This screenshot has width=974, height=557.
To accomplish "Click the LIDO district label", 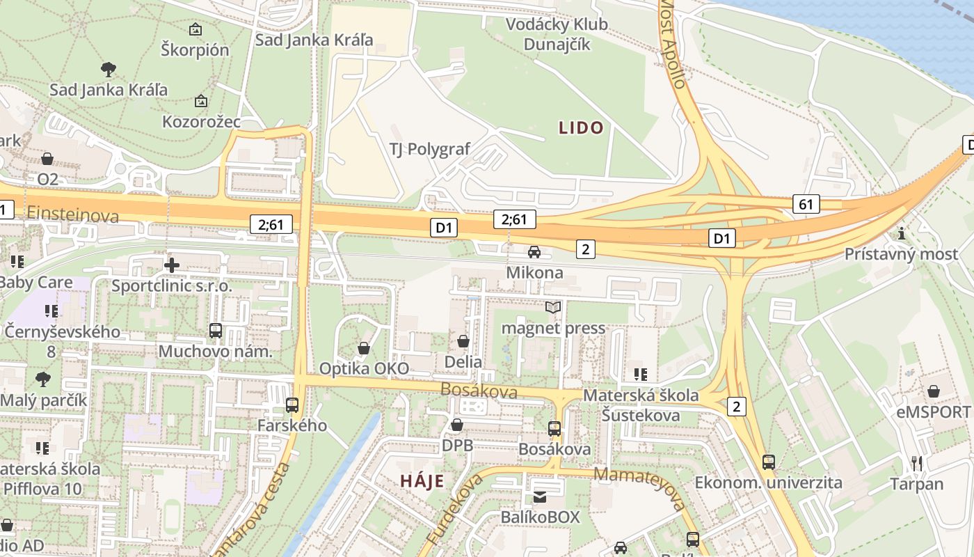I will pyautogui.click(x=581, y=127).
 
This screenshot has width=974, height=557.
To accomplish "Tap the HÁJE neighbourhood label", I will pyautogui.click(x=422, y=480).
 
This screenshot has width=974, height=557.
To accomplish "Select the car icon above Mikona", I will pyautogui.click(x=534, y=252).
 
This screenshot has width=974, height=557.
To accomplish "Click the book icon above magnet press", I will pyautogui.click(x=553, y=307).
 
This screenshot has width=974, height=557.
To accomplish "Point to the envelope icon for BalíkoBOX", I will pyautogui.click(x=540, y=497).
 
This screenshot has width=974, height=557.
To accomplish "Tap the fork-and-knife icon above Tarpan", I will pyautogui.click(x=917, y=463).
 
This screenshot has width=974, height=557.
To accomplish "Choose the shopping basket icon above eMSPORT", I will pyautogui.click(x=934, y=391).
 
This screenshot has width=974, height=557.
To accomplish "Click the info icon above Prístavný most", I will pyautogui.click(x=902, y=233).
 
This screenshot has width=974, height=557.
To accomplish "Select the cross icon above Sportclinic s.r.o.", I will pyautogui.click(x=171, y=265).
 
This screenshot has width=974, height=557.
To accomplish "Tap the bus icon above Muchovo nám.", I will pyautogui.click(x=216, y=331).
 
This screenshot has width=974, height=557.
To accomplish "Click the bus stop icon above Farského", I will pyautogui.click(x=292, y=405).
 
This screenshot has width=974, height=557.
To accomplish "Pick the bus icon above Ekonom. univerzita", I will pyautogui.click(x=768, y=462).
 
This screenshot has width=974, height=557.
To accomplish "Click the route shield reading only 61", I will pyautogui.click(x=806, y=204).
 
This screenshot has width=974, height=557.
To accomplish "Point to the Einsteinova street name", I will pyautogui.click(x=72, y=216).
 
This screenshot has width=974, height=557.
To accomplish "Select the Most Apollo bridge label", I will pyautogui.click(x=673, y=43).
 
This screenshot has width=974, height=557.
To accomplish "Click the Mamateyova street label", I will pyautogui.click(x=641, y=487).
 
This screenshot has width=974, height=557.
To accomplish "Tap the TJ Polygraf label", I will pyautogui.click(x=429, y=149).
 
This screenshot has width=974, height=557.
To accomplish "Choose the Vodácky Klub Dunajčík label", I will pyautogui.click(x=557, y=34).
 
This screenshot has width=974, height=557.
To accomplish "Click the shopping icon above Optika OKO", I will pyautogui.click(x=364, y=348).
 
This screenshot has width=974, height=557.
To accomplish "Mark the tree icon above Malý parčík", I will pyautogui.click(x=43, y=379).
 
